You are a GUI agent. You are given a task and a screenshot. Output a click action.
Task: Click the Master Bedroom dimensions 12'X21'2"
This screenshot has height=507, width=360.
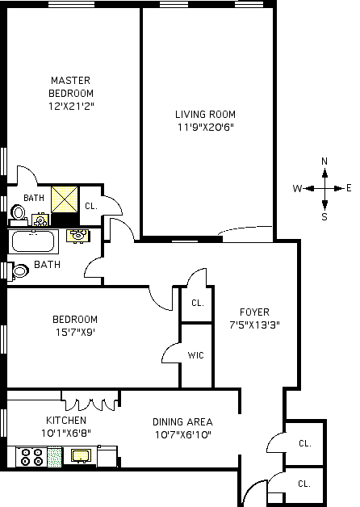click(x=71, y=106)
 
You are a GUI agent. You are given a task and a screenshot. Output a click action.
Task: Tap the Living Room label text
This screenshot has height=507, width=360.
click(x=205, y=115)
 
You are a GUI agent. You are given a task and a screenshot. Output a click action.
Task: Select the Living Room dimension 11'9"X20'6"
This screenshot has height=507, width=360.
click(x=205, y=127)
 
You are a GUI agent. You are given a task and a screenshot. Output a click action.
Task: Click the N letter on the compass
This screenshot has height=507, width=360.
click(x=324, y=161)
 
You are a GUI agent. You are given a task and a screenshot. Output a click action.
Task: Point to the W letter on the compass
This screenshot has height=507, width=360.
click(x=297, y=188)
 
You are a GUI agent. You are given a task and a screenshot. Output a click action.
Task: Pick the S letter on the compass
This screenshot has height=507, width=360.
click(x=324, y=216)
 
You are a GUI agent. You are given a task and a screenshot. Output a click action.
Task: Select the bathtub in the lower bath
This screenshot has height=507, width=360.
click(x=33, y=241)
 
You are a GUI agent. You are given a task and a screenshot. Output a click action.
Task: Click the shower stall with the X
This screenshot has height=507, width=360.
click(x=65, y=199)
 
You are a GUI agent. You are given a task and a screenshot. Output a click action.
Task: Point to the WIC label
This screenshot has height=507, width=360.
click(x=196, y=355)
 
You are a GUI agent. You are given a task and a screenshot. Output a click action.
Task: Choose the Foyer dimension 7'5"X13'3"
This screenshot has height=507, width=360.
click(x=254, y=325)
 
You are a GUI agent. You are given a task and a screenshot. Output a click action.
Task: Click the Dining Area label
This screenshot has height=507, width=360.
click(x=182, y=422)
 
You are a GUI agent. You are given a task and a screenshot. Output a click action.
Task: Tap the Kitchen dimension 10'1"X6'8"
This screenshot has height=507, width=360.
click(x=66, y=433)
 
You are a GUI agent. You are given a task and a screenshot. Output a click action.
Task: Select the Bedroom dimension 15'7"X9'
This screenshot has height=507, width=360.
click(x=75, y=332)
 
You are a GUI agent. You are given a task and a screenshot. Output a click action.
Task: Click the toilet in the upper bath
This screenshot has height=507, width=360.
click(x=18, y=215)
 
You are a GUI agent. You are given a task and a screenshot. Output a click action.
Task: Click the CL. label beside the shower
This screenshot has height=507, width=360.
click(x=91, y=206)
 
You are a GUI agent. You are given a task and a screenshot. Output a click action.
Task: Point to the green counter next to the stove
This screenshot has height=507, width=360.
click(x=55, y=457)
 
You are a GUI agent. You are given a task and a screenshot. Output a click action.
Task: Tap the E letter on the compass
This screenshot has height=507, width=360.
click(x=349, y=188)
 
